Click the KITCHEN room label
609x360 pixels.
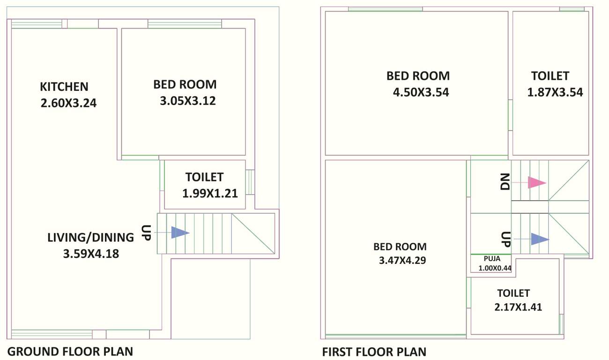click(64, 87)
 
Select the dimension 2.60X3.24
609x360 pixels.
click(68, 103)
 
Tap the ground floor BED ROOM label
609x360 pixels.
click(185, 84)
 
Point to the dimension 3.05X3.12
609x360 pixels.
click(188, 101)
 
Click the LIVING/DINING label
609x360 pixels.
click(91, 238)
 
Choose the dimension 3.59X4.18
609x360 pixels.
click(91, 254)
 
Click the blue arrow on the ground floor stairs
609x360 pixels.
click(180, 232)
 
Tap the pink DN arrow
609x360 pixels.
click(537, 182)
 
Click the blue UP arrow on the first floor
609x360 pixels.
click(539, 239)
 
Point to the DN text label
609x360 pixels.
click(505, 182)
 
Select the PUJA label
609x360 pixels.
click(492, 258)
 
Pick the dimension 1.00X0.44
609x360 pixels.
click(495, 269)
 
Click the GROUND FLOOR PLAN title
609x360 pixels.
click(71, 351)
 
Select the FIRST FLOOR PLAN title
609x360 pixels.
click(374, 352)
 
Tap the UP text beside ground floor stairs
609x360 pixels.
click(145, 232)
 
